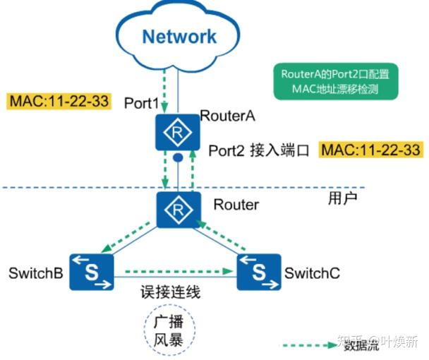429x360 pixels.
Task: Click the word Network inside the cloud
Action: point(179,37)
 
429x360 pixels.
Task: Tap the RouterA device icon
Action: point(177,133)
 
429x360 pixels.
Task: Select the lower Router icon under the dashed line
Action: point(179,210)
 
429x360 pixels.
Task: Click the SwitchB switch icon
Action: point(92,272)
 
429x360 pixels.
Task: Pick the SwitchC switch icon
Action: point(259,272)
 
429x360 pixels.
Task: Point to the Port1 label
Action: point(141,103)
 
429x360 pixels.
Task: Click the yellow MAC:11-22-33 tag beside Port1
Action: point(59,101)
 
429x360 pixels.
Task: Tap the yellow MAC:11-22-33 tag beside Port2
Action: point(370,150)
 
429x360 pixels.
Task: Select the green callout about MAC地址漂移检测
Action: point(336,81)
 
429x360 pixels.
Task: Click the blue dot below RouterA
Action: point(178,157)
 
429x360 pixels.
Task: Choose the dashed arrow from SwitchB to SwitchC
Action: point(179,272)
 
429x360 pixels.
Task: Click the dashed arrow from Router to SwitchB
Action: point(126,237)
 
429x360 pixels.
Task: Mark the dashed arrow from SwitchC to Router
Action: point(221,236)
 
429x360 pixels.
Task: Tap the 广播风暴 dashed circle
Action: point(169,305)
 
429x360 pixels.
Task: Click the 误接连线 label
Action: point(171,292)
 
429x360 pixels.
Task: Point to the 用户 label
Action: point(342,198)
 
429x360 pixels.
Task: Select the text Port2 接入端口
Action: point(259,150)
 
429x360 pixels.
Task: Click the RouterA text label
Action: point(228,116)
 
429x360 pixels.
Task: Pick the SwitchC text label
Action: point(312,273)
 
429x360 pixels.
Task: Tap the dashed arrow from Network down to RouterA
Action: point(164,90)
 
